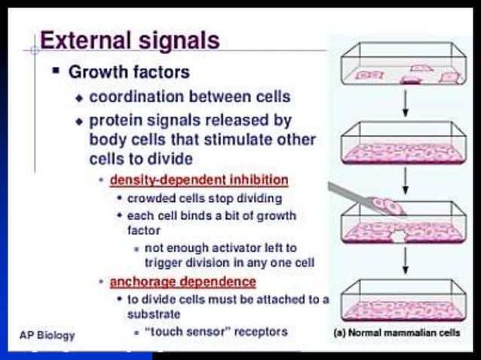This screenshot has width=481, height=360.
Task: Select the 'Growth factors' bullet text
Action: (x=129, y=72)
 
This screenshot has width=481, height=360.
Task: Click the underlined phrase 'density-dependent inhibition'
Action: (x=199, y=180)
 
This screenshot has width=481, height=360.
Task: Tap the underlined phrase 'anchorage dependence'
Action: (x=183, y=282)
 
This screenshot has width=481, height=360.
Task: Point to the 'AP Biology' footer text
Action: (x=47, y=334)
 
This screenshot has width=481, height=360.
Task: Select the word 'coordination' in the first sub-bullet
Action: (x=130, y=97)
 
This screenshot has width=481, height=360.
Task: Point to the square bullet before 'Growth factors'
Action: (x=56, y=72)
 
